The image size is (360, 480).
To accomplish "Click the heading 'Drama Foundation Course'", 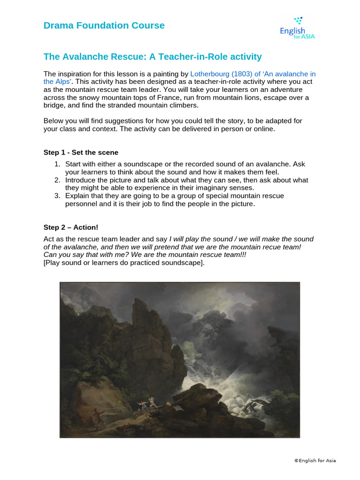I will point(104,25).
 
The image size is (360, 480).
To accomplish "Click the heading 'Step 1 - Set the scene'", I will point(81,152).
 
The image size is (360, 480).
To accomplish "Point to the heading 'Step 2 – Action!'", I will point(71,227).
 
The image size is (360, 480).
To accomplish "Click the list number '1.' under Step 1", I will point(57,164).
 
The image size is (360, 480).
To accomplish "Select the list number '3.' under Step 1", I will point(57,195).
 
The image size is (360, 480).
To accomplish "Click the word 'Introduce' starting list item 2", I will point(81,180).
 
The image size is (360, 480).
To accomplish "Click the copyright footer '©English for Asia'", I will point(315,460).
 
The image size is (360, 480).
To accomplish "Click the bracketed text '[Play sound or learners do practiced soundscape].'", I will point(124,262).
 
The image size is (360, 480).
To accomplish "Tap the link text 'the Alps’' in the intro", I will point(56,82).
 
